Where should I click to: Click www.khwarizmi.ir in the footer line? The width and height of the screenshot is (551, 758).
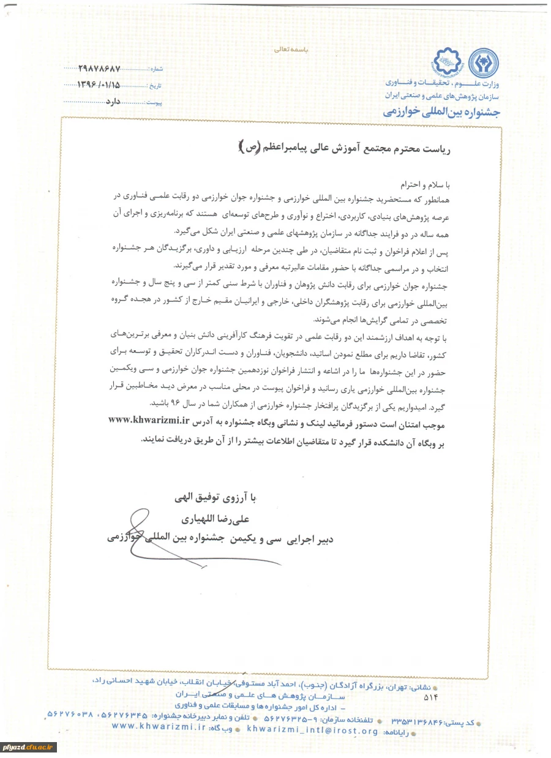[159, 726]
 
